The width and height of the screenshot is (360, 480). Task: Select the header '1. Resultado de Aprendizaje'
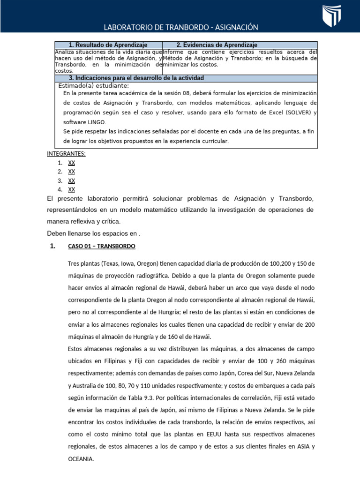click(109, 45)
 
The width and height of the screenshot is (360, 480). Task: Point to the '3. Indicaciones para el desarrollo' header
click(136, 78)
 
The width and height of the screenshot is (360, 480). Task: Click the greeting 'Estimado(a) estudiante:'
click(93, 86)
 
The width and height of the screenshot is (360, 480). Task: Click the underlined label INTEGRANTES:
click(66, 154)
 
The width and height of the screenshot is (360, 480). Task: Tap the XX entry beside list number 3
click(72, 180)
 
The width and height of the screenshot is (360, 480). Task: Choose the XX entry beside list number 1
click(72, 163)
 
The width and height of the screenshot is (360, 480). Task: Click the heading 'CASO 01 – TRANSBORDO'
click(102, 246)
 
